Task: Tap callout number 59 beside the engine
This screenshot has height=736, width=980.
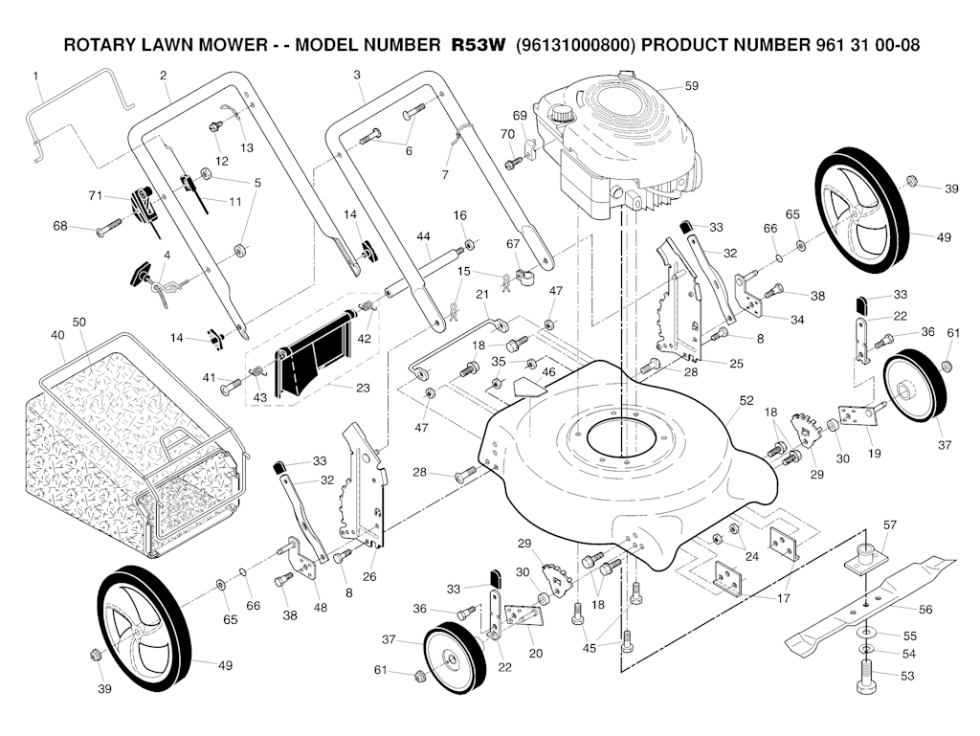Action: point(691,86)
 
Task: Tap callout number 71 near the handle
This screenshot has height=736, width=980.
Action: point(95,195)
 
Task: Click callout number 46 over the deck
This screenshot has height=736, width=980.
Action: point(548,370)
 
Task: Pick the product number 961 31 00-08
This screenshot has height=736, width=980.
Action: point(858,45)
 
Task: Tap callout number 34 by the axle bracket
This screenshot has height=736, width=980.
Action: point(797,319)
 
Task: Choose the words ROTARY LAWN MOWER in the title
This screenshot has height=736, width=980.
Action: point(157,45)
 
